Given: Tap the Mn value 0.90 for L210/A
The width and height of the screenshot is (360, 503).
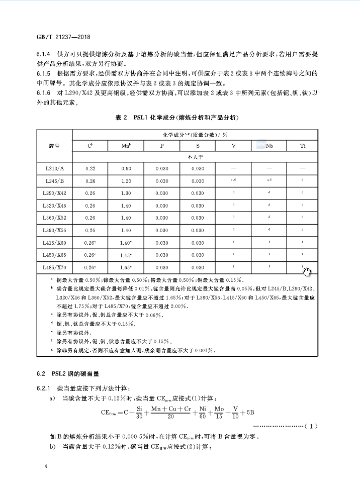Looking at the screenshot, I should click(126, 169).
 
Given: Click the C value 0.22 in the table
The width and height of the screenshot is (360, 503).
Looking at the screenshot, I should click(91, 169).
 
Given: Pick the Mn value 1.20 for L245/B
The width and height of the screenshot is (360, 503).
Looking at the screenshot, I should click(126, 181).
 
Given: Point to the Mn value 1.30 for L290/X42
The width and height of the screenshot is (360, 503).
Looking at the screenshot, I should click(126, 193).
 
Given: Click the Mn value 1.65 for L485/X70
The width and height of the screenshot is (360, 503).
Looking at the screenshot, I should click(126, 267).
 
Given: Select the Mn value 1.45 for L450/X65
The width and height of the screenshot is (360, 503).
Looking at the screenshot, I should click(126, 255).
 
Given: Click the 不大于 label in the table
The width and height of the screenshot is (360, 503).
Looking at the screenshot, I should click(195, 157).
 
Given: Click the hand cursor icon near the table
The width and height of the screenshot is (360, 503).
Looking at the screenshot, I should click(307, 272).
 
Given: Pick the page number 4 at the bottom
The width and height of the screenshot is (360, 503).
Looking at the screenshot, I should click(46, 467).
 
